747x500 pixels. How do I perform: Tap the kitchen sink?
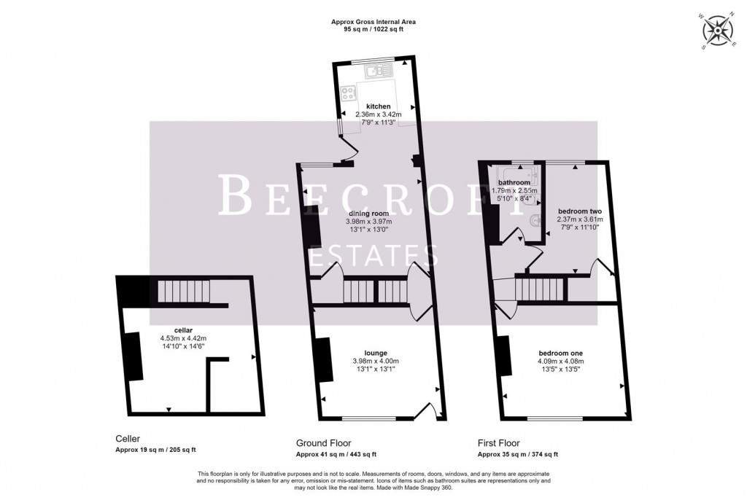[x=379, y=71]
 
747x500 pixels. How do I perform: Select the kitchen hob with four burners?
[x=348, y=93]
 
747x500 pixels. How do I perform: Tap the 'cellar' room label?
[x=173, y=329]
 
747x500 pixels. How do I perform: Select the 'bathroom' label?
[x=514, y=182]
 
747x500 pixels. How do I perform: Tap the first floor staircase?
[x=541, y=291]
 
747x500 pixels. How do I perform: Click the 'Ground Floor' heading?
[x=323, y=442]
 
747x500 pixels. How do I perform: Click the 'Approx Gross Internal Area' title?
[x=373, y=23]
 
